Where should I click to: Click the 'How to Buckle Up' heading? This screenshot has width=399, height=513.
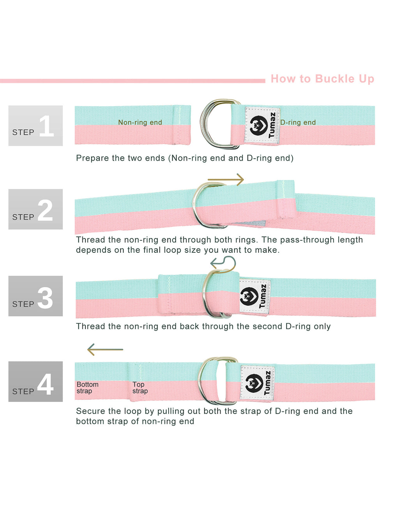322,79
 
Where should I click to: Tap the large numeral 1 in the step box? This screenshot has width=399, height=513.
47,126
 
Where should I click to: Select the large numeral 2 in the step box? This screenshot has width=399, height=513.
45,210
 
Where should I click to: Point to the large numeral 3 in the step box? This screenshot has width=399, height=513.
45,298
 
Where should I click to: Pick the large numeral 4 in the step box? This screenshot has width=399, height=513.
45,384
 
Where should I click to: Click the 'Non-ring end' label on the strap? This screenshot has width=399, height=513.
140,122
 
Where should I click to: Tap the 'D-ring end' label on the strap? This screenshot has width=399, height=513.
298,122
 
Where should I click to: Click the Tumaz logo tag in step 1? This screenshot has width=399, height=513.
262,125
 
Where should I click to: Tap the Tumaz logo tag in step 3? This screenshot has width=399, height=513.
255,296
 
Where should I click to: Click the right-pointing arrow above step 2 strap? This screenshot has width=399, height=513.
226,180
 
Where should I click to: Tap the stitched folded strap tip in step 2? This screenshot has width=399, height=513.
286,199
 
